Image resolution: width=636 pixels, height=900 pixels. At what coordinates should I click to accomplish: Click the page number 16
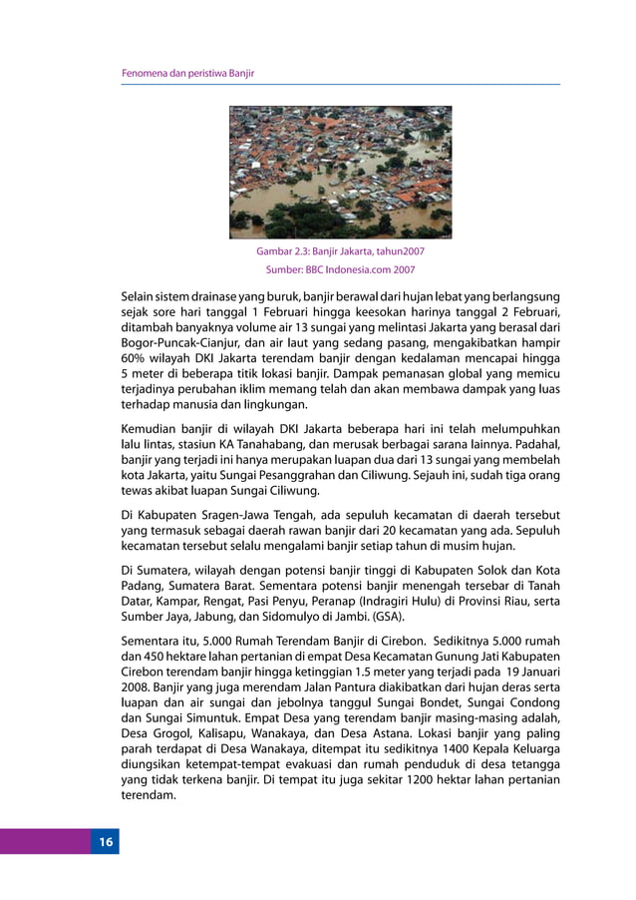point(106,843)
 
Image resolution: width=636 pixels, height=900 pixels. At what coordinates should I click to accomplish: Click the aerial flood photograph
point(340,173)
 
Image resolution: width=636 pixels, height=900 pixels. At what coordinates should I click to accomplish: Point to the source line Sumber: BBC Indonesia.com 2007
point(340,269)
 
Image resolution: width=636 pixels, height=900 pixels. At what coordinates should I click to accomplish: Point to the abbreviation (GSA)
point(381,618)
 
